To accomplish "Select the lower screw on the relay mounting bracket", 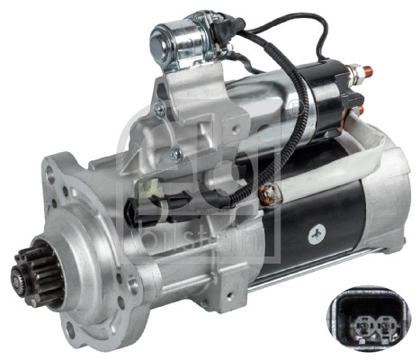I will pyautogui.click(x=176, y=154).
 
